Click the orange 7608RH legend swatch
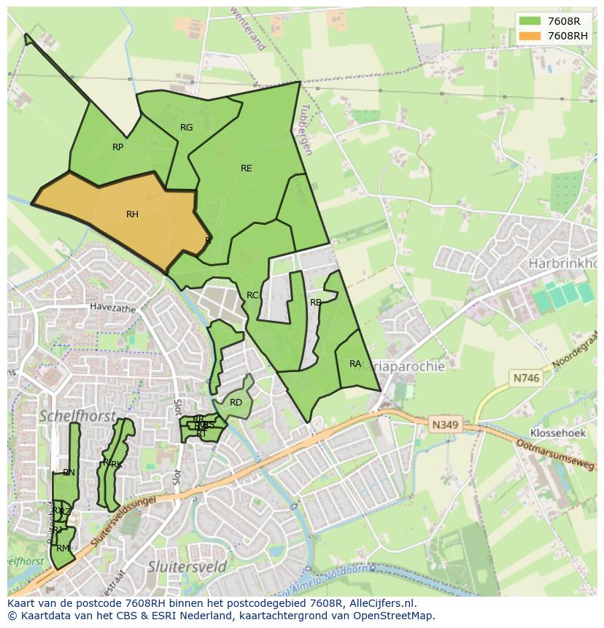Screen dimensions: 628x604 530,36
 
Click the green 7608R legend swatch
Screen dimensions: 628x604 530,21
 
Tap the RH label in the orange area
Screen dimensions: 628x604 132,214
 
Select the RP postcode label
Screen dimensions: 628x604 117,147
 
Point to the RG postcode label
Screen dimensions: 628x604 186,128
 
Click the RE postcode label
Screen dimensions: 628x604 247,168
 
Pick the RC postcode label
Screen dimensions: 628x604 252,295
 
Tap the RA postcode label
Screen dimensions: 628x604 355,364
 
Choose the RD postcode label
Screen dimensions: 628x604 236,403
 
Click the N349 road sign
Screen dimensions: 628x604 444,424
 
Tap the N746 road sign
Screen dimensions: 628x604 525,378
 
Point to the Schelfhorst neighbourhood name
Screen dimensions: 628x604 77,416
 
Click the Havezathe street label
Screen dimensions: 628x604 113,309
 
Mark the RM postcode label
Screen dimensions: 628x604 63,548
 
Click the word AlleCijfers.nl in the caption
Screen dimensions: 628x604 381,603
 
